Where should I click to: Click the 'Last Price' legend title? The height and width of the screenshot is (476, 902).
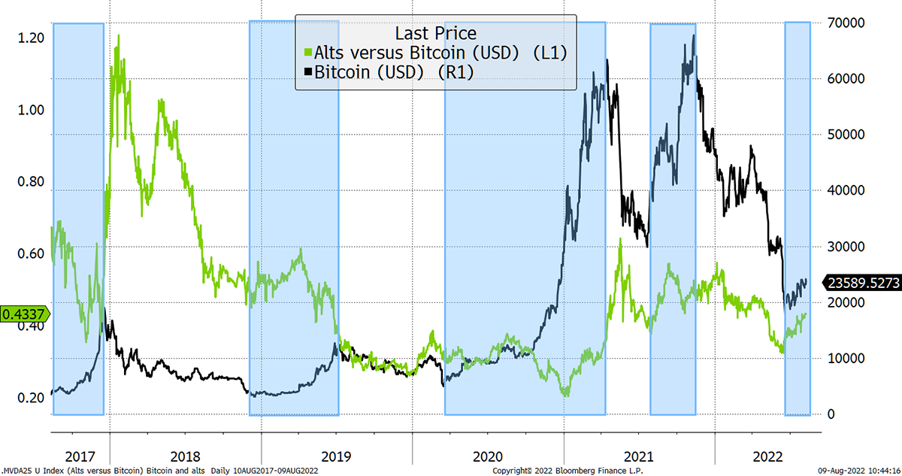tap(436, 33)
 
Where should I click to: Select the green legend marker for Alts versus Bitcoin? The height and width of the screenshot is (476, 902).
tap(308, 53)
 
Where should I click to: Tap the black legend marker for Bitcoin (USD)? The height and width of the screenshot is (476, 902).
tap(308, 72)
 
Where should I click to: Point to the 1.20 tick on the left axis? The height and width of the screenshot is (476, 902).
tap(31, 38)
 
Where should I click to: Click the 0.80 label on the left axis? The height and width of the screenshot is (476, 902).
tap(31, 182)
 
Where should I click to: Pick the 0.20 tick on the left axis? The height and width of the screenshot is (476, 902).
tap(31, 398)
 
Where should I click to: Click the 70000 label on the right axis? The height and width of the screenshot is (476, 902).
tap(846, 23)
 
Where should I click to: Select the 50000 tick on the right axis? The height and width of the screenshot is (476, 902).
tap(846, 135)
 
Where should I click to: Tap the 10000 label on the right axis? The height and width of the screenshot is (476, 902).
tap(846, 359)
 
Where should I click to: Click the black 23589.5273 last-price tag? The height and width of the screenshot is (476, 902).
tap(861, 283)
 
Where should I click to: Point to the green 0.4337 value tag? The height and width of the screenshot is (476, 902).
tap(24, 314)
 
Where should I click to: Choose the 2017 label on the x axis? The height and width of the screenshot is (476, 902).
tap(80, 456)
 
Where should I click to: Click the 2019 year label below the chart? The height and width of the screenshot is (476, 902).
tap(336, 456)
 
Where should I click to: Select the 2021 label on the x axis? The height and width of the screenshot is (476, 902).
tap(639, 456)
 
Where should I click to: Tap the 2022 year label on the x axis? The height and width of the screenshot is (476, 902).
tap(767, 456)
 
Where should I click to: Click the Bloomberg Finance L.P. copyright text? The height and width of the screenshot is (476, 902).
tap(568, 471)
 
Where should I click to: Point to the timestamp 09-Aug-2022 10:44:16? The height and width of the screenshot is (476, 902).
tap(859, 471)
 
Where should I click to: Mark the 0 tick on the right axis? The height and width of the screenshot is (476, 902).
tap(831, 414)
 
